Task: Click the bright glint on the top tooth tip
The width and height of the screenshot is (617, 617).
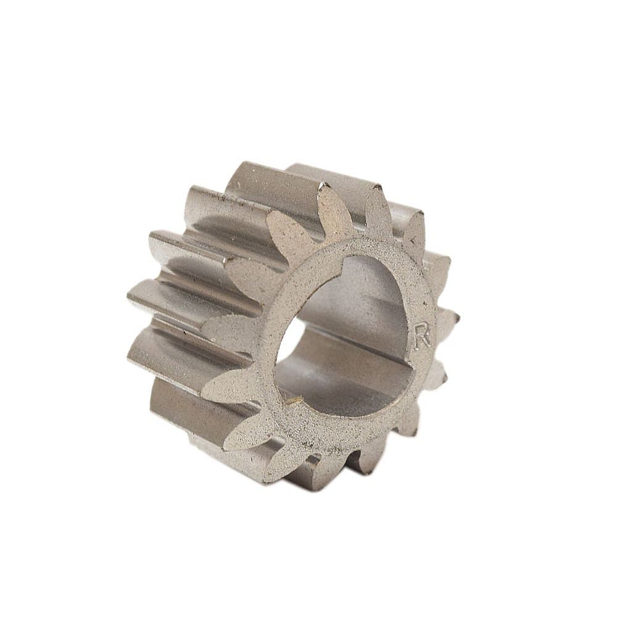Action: point(326,185)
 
